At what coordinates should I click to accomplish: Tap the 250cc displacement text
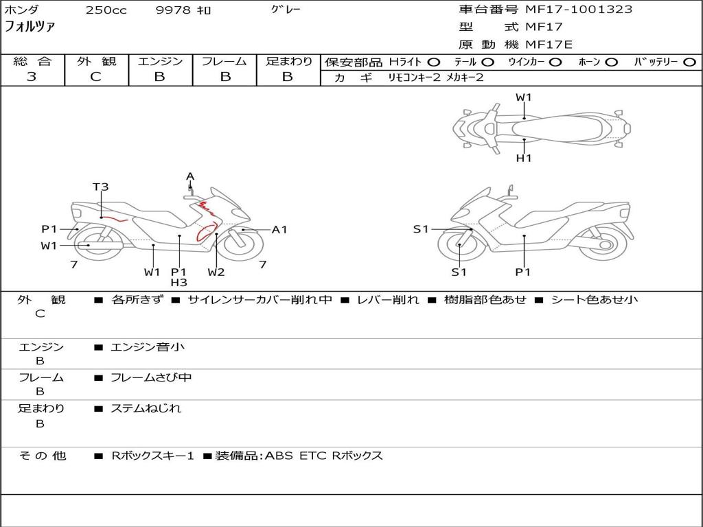point(106,10)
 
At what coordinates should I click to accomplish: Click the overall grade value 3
point(32,77)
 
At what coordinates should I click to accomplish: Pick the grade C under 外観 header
point(95,77)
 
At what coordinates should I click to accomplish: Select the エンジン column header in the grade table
point(160,62)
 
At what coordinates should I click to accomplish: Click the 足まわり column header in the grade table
point(288,62)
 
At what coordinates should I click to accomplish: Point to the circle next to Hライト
point(434,62)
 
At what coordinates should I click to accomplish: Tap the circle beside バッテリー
point(689,62)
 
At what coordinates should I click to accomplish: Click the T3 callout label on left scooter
point(101,187)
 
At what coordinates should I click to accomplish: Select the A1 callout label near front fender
point(279,230)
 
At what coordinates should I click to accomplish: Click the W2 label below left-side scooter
point(216,272)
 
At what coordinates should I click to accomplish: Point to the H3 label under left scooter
point(178,282)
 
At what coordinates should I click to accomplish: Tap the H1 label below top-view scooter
point(524,158)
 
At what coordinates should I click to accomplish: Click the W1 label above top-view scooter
point(524,97)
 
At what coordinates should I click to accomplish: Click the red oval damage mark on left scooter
point(205,233)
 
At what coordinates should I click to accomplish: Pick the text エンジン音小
point(148,347)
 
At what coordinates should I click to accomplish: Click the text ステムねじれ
point(146,408)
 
